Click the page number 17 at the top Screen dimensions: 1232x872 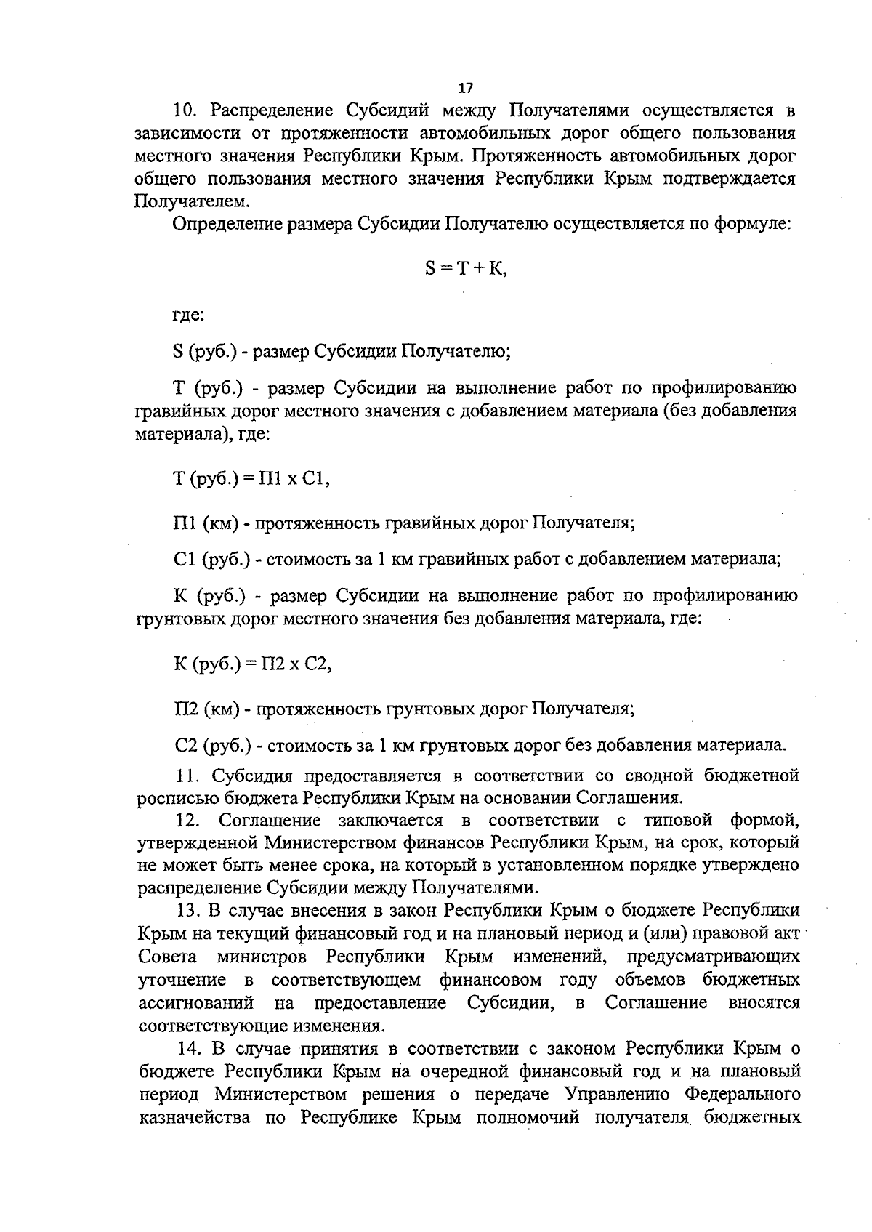click(x=466, y=88)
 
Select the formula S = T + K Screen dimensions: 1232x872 click(x=466, y=268)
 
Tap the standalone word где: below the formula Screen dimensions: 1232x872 click(x=188, y=315)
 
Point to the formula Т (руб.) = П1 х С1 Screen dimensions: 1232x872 click(x=252, y=479)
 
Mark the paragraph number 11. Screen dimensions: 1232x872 click(x=187, y=776)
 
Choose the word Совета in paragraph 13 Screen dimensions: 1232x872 click(x=162, y=957)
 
